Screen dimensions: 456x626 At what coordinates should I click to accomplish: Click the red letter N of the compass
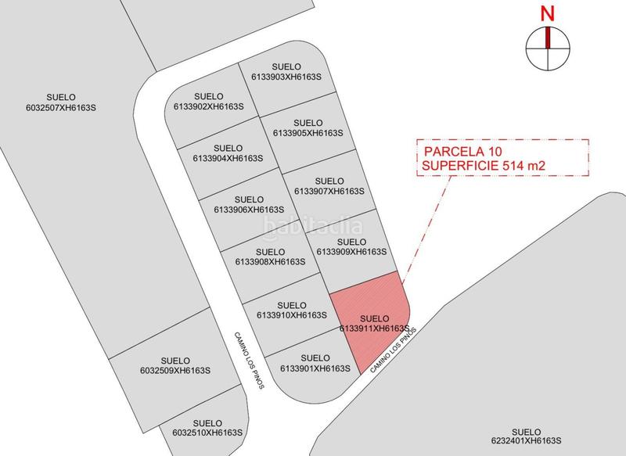548,13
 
